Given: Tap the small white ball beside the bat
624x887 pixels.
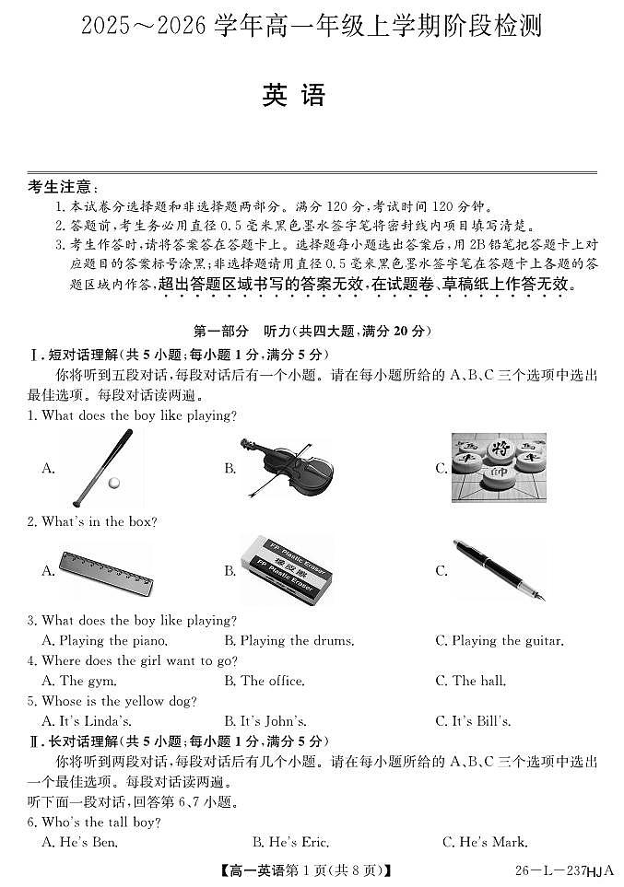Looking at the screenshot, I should tap(113, 483).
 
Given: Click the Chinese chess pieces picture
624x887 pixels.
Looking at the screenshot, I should tap(498, 468).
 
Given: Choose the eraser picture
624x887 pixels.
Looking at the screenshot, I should tap(286, 571).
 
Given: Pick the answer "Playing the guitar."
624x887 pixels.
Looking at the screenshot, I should tap(499, 640).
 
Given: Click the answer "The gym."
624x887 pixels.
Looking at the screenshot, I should tap(79, 681).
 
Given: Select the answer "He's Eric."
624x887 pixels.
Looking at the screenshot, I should tap(290, 842).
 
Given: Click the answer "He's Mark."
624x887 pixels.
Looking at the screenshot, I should tap(485, 842).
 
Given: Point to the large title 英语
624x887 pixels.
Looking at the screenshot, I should tap(294, 96).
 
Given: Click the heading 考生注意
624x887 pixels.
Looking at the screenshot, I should tap(64, 188).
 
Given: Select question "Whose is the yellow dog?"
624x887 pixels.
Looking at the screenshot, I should tap(119, 701).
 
